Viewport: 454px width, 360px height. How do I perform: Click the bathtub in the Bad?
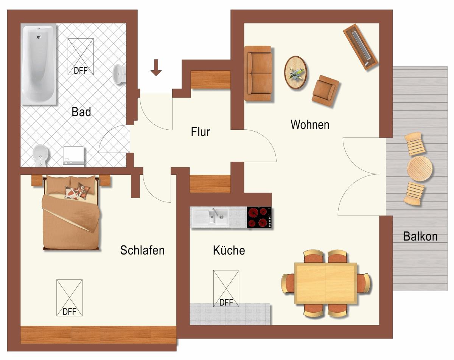click(x=39, y=64)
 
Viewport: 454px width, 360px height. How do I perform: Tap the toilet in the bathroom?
click(x=41, y=155)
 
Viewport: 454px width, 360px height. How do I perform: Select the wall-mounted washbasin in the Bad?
click(x=120, y=74)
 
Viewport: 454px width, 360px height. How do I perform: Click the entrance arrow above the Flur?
click(x=156, y=67)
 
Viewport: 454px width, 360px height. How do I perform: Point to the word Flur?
click(x=201, y=132)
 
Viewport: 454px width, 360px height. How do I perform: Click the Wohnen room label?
click(x=310, y=124)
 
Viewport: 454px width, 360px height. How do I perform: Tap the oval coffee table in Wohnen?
click(x=296, y=72)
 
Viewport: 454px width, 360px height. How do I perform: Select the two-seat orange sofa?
click(x=258, y=73)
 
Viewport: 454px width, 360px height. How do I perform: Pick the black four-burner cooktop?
click(x=260, y=218)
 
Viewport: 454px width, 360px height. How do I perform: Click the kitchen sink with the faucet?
click(x=210, y=217)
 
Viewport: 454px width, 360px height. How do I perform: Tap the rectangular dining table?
click(x=326, y=283)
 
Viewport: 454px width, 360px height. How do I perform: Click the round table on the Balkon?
click(x=420, y=168)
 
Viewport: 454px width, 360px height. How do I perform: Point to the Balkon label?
click(x=420, y=236)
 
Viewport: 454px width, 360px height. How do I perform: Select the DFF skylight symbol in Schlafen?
click(x=69, y=298)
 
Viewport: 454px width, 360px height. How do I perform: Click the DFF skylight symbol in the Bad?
click(x=81, y=56)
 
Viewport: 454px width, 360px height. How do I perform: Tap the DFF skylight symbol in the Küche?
click(x=226, y=288)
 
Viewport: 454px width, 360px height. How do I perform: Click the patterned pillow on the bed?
click(x=72, y=192)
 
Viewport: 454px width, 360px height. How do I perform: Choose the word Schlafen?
click(x=142, y=250)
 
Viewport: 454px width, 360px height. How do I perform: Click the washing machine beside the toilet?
click(x=74, y=155)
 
